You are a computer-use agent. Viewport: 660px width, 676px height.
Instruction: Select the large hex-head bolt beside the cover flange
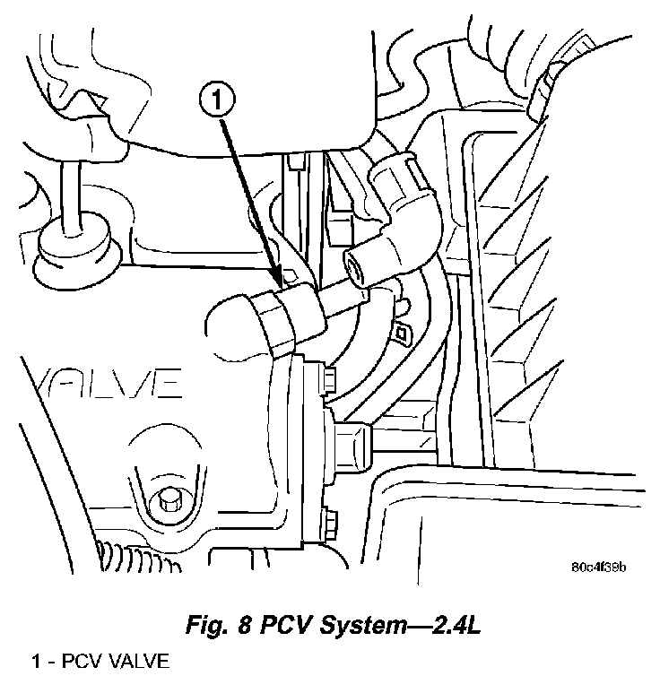(x=351, y=439)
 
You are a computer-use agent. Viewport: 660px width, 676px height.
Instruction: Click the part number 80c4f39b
(x=598, y=567)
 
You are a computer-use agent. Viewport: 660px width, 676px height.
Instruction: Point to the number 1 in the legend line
(x=36, y=663)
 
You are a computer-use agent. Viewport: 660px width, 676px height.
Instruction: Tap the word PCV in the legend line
(x=80, y=663)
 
